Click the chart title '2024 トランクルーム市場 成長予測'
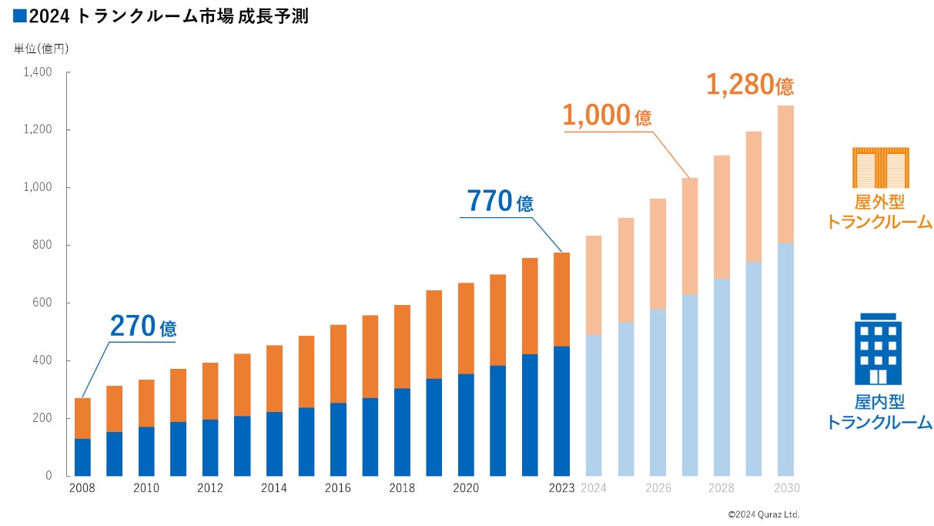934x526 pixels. click(162, 15)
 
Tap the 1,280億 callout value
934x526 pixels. click(749, 85)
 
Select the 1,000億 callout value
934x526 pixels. click(607, 116)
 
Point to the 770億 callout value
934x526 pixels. click(500, 201)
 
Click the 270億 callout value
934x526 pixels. click(143, 327)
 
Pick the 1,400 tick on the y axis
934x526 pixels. click(37, 72)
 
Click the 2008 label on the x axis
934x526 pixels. click(82, 488)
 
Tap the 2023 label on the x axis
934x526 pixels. click(561, 488)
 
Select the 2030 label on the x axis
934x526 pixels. click(785, 488)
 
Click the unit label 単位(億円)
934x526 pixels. click(42, 49)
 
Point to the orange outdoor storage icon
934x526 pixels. click(880, 167)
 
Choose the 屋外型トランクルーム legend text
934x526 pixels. click(879, 212)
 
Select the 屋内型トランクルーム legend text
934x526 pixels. click(879, 412)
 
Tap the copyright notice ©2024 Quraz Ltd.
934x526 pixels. click(764, 514)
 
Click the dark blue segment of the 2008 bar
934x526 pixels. click(82, 457)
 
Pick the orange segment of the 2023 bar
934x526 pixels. click(561, 299)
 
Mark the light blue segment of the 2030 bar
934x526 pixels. click(785, 359)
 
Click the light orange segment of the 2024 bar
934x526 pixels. click(594, 285)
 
